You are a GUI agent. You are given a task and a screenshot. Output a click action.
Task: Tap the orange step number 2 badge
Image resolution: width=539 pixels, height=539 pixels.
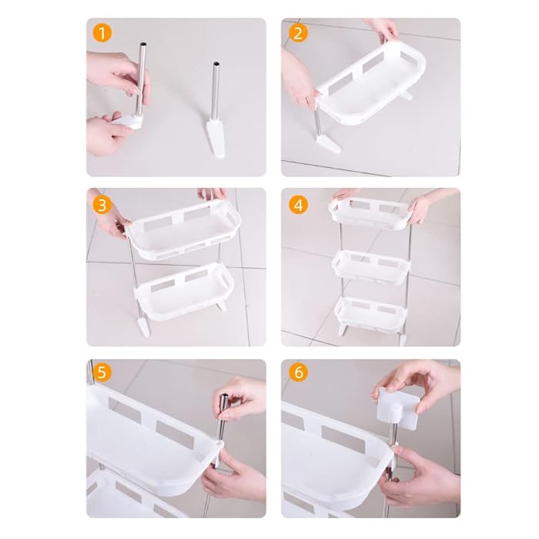tap(297, 34)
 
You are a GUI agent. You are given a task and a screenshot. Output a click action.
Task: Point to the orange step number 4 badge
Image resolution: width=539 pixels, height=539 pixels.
tap(297, 205)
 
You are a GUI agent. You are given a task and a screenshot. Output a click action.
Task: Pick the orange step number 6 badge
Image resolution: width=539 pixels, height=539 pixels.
tap(297, 372)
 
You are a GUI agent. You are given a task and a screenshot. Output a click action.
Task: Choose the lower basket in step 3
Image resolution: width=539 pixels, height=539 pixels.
tap(185, 292)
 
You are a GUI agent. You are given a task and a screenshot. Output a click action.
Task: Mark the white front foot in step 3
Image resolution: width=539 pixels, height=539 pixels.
tap(145, 326)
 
